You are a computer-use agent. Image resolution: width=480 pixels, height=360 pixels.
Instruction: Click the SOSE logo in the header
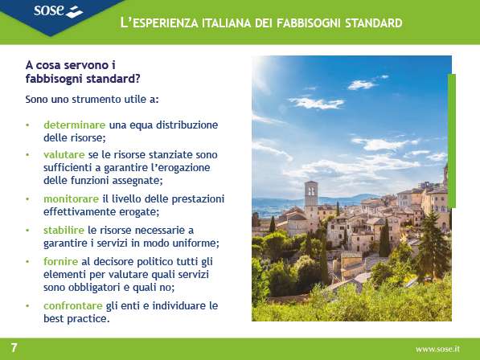[58, 11]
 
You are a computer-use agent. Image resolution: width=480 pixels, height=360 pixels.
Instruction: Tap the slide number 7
[14, 348]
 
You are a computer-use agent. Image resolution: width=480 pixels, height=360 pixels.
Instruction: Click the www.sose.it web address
[437, 349]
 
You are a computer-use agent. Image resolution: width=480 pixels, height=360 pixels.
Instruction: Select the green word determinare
[75, 125]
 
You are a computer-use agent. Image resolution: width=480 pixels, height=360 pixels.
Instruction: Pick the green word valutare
[64, 154]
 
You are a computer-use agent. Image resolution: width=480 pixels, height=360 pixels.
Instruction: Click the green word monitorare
[71, 198]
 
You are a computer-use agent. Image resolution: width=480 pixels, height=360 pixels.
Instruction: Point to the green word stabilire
[64, 230]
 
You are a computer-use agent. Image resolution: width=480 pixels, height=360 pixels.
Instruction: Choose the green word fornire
[60, 261]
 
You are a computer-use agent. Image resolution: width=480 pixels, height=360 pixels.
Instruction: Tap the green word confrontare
[73, 305]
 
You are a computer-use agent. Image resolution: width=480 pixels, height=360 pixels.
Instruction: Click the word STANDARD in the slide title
[374, 23]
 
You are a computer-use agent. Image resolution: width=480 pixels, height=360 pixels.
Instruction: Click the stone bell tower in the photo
[311, 198]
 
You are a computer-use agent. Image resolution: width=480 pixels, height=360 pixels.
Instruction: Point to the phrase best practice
[76, 319]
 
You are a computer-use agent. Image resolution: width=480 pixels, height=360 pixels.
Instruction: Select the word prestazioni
[198, 199]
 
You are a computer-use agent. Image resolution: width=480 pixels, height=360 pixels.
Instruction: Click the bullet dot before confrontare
[27, 306]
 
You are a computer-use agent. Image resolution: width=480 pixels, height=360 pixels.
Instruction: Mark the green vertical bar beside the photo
[452, 141]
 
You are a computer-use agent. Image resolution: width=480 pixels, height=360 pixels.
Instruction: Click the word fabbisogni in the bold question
[54, 79]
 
